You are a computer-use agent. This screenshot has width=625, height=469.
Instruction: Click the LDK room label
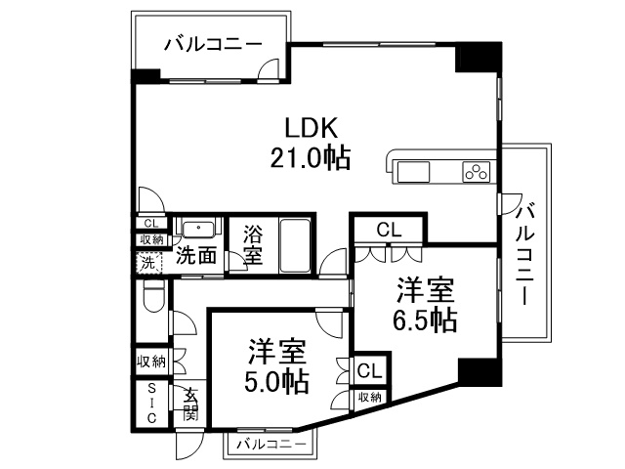click(311, 127)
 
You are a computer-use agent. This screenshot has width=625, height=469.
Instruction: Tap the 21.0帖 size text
click(311, 157)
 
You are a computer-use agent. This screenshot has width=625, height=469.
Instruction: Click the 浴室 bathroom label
click(253, 246)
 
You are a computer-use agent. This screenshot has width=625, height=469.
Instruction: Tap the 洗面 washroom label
click(195, 257)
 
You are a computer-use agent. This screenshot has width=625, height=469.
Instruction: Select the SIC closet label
click(152, 403)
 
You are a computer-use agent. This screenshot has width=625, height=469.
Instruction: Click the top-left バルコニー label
click(212, 43)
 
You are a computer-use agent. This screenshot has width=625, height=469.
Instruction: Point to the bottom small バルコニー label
click(268, 446)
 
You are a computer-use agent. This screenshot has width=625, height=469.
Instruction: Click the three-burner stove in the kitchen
click(478, 173)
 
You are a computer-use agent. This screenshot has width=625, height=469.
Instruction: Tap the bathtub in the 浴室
click(295, 246)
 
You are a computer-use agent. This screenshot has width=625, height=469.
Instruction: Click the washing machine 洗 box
click(146, 262)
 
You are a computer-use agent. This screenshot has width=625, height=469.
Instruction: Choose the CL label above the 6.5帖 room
click(390, 230)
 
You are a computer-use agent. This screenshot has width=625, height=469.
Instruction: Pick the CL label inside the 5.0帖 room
click(368, 371)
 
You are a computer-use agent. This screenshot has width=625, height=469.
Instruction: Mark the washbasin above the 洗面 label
click(200, 230)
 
